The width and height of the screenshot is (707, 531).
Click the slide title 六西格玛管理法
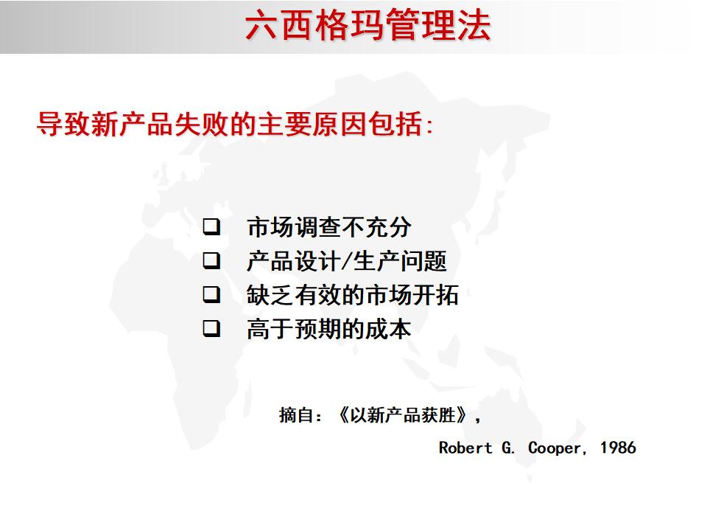367,26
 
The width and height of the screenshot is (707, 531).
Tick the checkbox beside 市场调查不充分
212,226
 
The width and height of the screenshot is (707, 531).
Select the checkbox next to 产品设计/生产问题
212,260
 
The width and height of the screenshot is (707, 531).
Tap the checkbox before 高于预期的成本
212,328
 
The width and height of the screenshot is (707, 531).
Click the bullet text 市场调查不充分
328,227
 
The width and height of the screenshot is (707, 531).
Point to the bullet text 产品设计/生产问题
346,261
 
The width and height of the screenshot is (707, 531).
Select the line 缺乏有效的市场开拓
352,295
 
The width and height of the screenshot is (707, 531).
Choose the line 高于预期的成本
328,329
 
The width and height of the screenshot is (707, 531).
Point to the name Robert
465,448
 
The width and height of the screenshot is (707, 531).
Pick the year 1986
617,448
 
